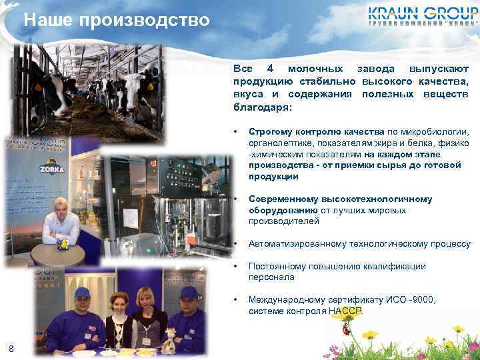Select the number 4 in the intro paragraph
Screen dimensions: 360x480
click(x=270, y=69)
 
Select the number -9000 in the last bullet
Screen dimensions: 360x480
click(x=421, y=300)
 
